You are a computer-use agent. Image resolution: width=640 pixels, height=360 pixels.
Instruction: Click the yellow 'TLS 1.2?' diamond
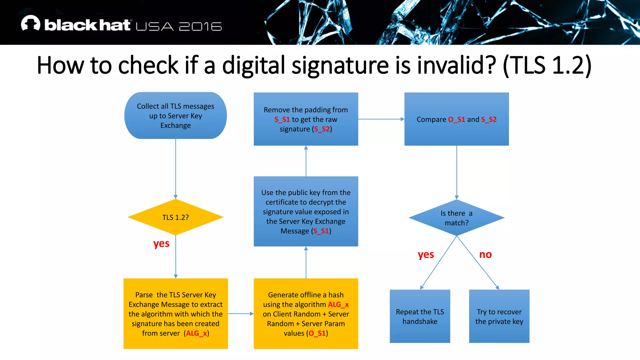(175, 217)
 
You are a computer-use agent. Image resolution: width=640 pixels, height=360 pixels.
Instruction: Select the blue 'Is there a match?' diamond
(456, 218)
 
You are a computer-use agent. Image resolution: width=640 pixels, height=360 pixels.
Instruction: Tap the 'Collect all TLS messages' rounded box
(175, 116)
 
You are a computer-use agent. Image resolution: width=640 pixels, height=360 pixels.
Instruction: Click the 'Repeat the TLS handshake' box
(420, 316)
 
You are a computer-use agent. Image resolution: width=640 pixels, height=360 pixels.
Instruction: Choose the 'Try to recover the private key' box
(499, 316)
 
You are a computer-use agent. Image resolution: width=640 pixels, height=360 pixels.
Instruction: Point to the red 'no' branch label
(485, 254)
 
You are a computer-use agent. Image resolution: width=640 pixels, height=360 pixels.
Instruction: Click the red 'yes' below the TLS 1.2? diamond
(161, 243)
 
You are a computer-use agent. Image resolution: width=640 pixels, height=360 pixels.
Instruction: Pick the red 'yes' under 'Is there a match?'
(426, 255)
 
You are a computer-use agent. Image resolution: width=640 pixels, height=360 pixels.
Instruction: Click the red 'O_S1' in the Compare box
(457, 119)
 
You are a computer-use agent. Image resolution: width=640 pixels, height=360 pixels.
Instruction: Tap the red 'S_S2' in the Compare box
(489, 119)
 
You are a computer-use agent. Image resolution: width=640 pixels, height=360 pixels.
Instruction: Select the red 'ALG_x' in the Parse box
(197, 333)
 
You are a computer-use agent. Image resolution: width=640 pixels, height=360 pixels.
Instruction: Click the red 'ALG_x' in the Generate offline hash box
(338, 304)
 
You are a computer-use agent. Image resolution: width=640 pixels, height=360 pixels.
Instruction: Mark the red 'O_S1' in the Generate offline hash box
(317, 333)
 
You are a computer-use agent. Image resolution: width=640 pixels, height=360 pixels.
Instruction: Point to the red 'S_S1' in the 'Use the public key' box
(321, 231)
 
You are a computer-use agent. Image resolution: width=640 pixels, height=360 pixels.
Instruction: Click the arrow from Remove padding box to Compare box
(381, 119)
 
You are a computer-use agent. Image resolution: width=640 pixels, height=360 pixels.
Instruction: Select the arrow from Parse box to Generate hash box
(241, 313)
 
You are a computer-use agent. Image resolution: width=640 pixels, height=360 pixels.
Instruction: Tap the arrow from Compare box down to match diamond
(457, 172)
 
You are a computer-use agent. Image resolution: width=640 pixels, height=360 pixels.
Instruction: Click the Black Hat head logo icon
(31, 23)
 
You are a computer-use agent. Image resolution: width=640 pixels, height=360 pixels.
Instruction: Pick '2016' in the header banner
(200, 27)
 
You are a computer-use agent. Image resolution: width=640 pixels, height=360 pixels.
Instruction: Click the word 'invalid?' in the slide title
(457, 65)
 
